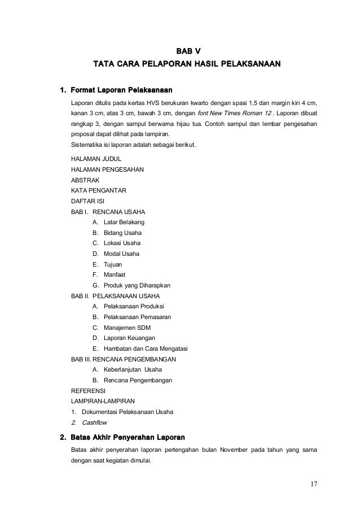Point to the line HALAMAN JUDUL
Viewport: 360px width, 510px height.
coord(96,159)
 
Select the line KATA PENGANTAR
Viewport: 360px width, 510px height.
coord(99,190)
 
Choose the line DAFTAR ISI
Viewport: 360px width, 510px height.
coord(87,201)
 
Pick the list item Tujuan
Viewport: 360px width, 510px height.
coord(113,264)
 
